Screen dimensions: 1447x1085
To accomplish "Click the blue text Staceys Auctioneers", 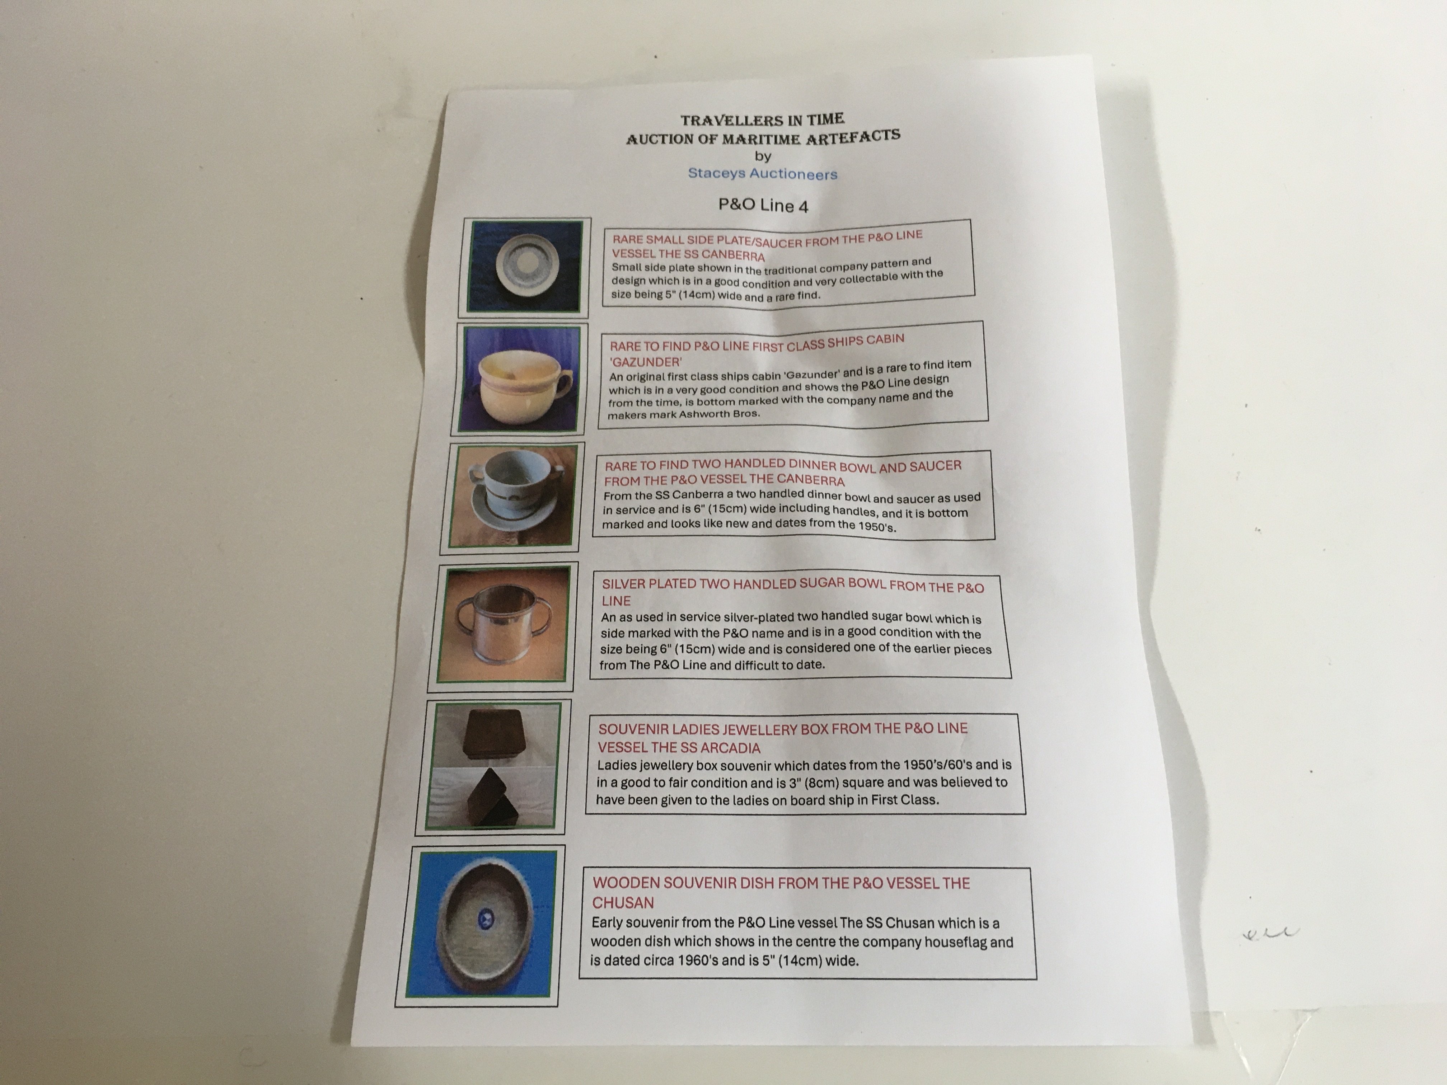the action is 762,173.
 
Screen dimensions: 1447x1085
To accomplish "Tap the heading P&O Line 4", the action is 763,205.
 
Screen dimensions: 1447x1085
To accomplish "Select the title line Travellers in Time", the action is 762,120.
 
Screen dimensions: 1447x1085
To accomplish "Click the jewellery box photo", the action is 493,766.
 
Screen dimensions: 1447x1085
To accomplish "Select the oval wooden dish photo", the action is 481,924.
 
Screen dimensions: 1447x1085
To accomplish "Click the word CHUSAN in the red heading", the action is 623,902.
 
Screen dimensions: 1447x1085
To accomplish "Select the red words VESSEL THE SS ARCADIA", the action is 679,747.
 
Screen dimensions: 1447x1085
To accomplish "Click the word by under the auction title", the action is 763,156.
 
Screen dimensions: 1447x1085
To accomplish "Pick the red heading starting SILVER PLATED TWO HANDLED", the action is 793,592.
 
